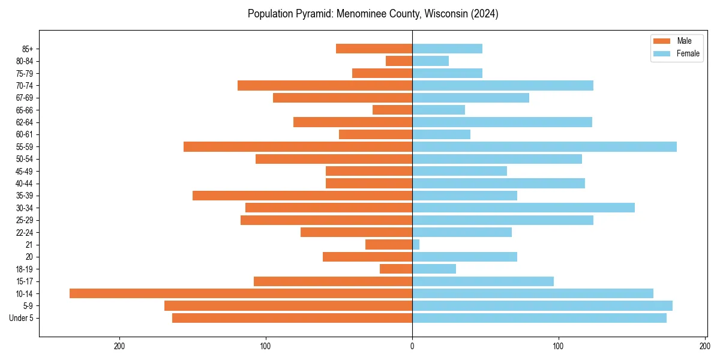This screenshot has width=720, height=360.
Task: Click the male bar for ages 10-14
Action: click(241, 293)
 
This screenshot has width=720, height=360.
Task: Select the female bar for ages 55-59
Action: click(544, 146)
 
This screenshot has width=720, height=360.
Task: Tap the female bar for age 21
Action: click(416, 244)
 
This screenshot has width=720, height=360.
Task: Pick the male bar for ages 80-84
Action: click(399, 61)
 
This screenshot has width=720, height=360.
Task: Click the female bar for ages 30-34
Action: click(523, 208)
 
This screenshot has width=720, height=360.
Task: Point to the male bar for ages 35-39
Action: click(302, 196)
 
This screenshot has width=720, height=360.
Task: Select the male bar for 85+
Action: click(374, 49)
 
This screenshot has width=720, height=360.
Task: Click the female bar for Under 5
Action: click(539, 318)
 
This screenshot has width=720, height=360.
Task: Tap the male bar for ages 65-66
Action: click(392, 110)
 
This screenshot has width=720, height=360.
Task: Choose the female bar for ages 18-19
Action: click(434, 269)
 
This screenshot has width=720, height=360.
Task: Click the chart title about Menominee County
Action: click(373, 14)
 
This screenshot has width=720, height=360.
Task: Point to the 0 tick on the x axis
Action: click(412, 346)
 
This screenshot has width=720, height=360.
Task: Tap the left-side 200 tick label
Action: click(119, 346)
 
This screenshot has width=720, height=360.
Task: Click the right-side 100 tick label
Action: click(559, 346)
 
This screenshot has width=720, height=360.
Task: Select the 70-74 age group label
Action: click(25, 85)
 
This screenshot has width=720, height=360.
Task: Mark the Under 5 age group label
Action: click(22, 318)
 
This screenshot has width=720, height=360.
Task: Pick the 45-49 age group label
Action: click(25, 171)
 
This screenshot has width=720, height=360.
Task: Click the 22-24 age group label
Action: click(25, 232)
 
